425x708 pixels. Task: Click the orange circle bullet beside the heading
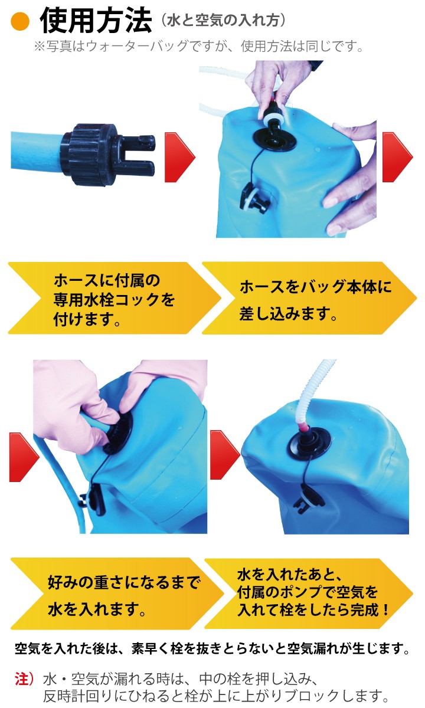pos(20,22)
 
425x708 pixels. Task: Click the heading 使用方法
pos(96,21)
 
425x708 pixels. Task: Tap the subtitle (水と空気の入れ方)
pos(223,21)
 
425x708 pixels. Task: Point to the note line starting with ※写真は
pos(200,47)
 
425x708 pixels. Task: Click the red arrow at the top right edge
pos(397,157)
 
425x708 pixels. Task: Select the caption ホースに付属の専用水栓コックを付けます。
pos(114,300)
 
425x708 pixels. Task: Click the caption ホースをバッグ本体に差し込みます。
pos(315,300)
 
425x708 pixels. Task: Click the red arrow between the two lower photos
pos(225,455)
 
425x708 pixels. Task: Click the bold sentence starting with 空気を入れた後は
pos(212,649)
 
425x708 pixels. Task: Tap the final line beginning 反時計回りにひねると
pos(216,696)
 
